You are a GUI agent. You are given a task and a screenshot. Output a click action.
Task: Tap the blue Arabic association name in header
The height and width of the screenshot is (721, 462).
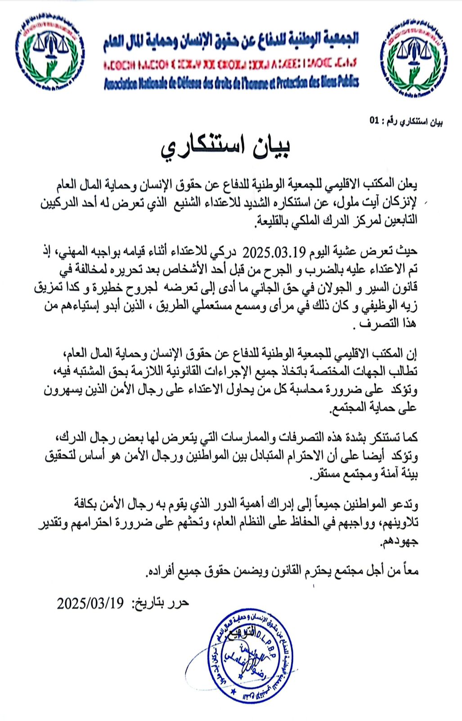(x=231, y=41)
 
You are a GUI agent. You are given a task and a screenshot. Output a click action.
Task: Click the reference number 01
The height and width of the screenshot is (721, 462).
(x=374, y=121)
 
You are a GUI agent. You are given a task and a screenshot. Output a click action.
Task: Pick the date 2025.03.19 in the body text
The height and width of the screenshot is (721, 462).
(x=269, y=251)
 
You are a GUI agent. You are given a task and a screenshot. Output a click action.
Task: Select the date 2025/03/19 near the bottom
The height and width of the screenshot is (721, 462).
(x=90, y=603)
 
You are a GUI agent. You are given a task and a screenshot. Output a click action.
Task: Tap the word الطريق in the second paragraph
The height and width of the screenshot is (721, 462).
(x=166, y=306)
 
